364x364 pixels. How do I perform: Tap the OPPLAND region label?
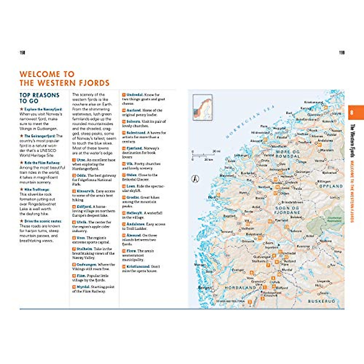[x=331, y=186]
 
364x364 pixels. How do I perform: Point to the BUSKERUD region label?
[x=322, y=301]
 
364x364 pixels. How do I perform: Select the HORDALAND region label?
[x=241, y=288]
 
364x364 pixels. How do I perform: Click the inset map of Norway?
[x=202, y=107]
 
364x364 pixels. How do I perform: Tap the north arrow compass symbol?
[x=196, y=179]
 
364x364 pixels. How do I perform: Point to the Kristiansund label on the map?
[x=313, y=103]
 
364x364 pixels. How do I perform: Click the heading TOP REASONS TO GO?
[x=39, y=98]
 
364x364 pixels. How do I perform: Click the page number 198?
[x=22, y=53]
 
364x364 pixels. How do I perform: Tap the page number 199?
[x=342, y=53]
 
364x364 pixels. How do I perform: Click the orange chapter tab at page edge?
[x=355, y=113]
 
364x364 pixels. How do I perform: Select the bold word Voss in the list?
[x=81, y=238]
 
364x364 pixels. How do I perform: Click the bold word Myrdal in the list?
[x=83, y=287]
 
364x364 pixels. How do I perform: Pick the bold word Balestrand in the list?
[x=136, y=133]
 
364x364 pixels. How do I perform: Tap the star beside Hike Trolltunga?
[x=22, y=190]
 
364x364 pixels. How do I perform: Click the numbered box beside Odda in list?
[x=74, y=175]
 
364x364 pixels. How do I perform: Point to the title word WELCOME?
[x=40, y=74]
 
